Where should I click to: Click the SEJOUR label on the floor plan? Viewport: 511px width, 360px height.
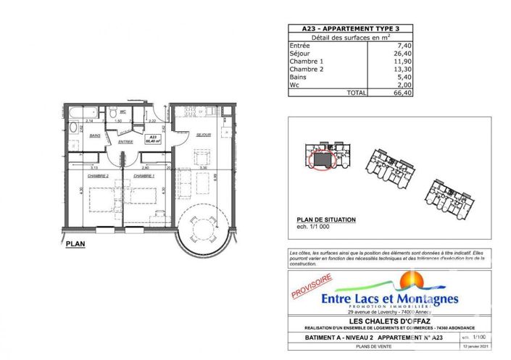pyautogui.click(x=202, y=135)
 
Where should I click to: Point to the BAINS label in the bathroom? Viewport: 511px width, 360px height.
pyautogui.click(x=94, y=135)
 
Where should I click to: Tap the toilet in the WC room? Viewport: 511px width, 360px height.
pyautogui.click(x=114, y=113)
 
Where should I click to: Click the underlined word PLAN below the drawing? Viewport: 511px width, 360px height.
pyautogui.click(x=75, y=244)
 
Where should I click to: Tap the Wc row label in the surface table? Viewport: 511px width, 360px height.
pyautogui.click(x=294, y=84)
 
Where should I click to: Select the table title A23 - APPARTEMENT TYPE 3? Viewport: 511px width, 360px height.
pyautogui.click(x=349, y=28)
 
